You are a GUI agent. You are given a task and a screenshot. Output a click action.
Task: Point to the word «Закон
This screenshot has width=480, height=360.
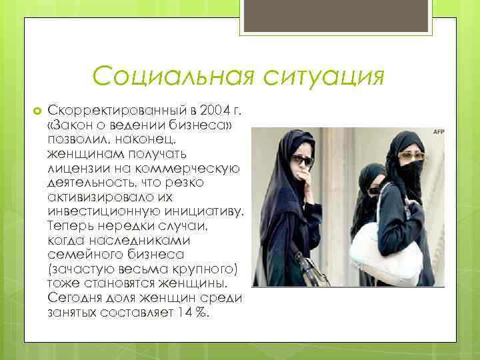point(71,123)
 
